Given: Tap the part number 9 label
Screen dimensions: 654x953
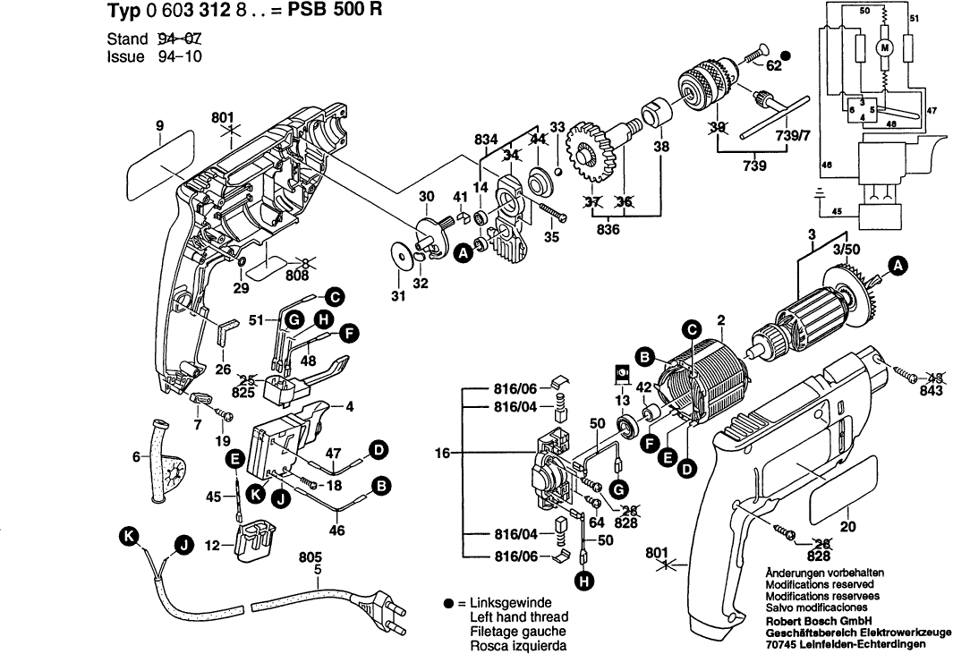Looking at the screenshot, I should point(159,127).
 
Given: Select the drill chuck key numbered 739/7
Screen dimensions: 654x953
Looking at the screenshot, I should point(775,118).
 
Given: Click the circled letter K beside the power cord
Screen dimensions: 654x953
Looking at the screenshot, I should point(132,536).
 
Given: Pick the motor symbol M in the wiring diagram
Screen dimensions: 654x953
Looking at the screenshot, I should point(887,47).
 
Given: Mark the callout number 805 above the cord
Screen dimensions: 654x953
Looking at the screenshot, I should point(311,555).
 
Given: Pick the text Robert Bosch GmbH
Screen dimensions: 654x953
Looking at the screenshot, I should point(820,620).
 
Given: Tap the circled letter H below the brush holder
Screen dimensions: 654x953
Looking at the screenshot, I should point(583,582).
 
